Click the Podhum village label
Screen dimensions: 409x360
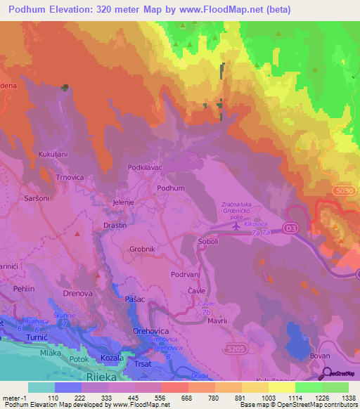171,188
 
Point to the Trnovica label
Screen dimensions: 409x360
71,178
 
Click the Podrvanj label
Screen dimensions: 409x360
186,275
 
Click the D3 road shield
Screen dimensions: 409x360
290,228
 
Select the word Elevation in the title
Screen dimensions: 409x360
73,10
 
